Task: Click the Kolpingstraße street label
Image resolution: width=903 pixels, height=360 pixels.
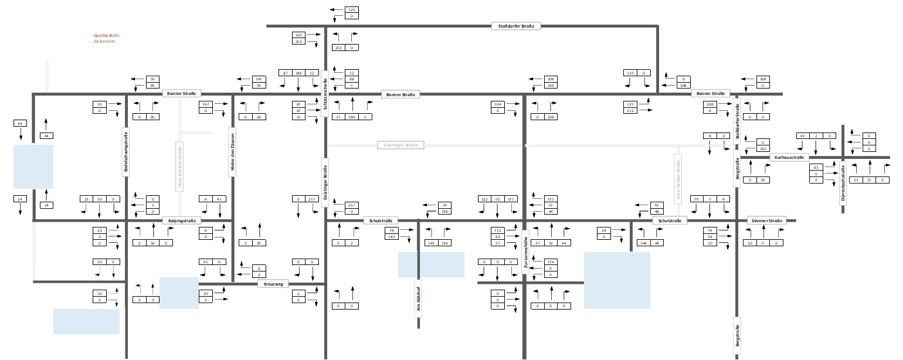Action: (182, 221)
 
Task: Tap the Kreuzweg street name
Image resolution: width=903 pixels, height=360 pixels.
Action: (274, 284)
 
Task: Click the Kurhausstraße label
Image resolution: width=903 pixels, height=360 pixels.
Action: (788, 157)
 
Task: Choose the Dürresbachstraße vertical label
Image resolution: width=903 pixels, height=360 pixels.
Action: (843, 184)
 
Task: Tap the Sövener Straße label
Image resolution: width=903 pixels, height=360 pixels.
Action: (765, 221)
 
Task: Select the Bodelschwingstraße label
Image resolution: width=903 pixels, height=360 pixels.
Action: (125, 151)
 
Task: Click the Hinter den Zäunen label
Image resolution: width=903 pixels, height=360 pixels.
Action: (232, 151)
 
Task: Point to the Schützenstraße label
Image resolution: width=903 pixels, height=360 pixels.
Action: (324, 94)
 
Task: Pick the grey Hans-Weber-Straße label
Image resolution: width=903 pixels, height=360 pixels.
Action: (678, 178)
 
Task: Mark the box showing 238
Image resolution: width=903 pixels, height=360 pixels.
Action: (550, 117)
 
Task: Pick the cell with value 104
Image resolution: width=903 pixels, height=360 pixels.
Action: (498, 104)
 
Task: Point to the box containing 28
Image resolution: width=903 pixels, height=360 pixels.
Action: (603, 230)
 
